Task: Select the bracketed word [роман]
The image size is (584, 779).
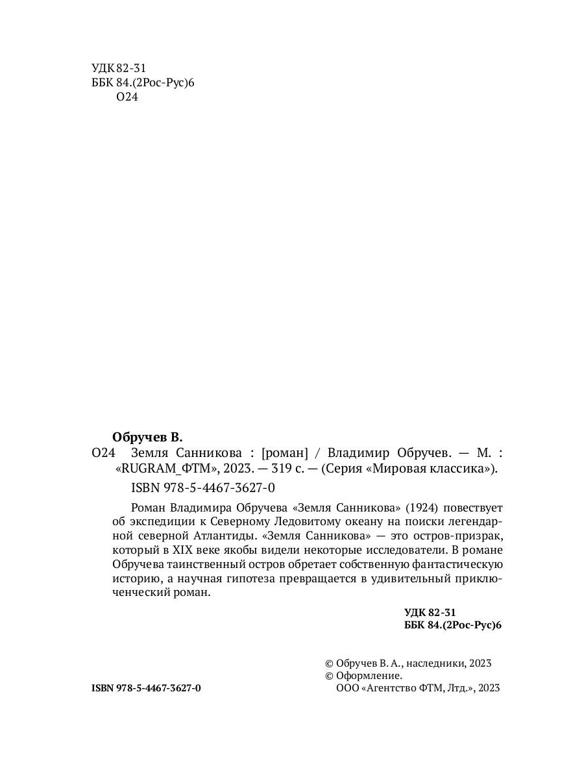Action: pos(282,452)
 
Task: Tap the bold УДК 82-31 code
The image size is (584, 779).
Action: pos(430,612)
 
